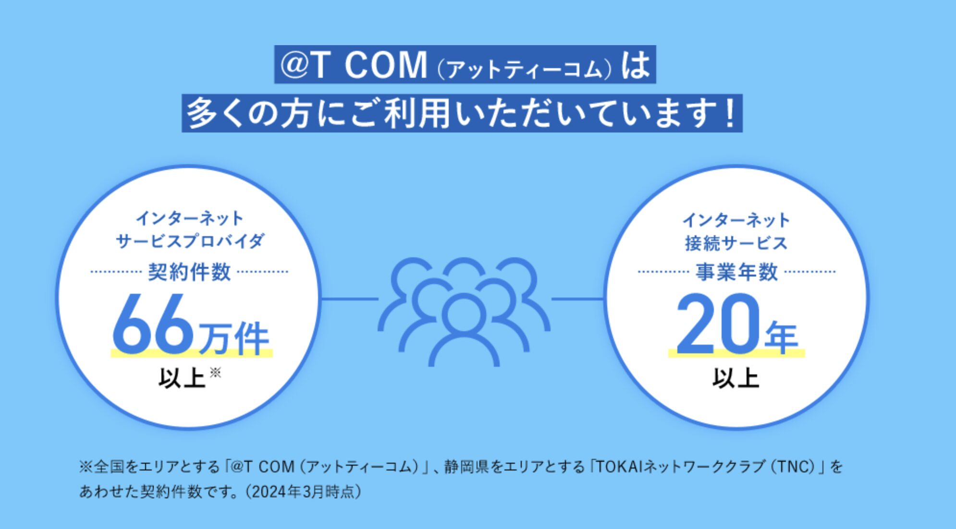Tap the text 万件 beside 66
pos(234,338)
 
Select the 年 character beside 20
pos(782,337)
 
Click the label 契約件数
pos(189,272)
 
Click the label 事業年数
pos(736,272)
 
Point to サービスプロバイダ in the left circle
pos(190,241)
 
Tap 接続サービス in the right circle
pos(736,243)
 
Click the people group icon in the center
pos(464,312)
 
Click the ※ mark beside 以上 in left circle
pos(215,372)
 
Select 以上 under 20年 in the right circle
pos(735,378)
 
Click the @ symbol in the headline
pos(294,65)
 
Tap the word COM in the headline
pos(385,65)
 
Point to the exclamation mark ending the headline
pos(731,114)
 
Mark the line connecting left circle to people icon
pos(350,299)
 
